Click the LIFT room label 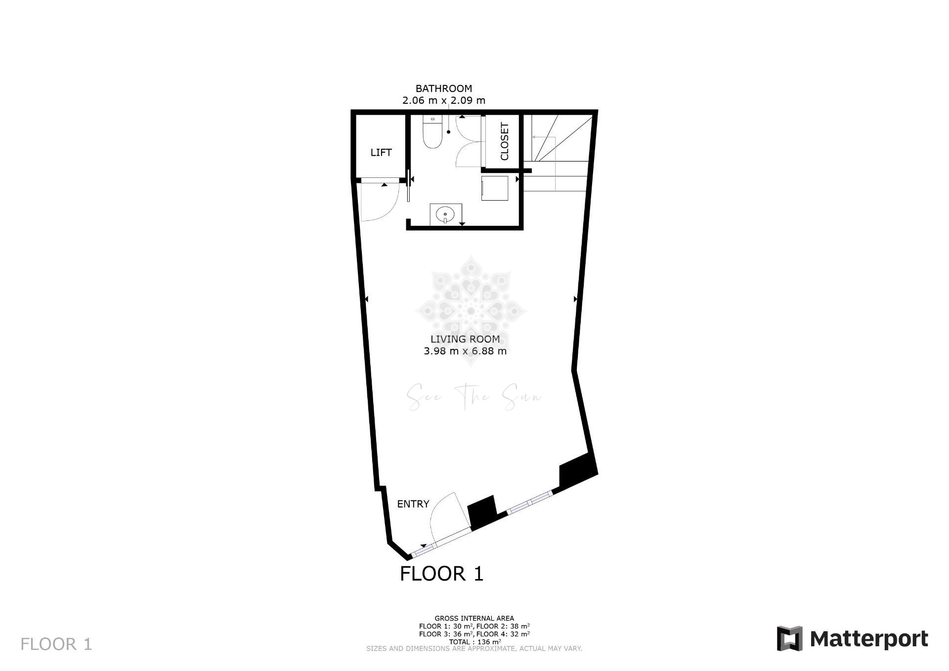pos(381,153)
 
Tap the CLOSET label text pos(505,141)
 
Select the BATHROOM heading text pos(444,88)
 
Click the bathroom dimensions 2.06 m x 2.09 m pos(444,100)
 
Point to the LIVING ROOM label pos(465,339)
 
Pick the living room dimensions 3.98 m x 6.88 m pos(465,351)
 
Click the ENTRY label pos(413,504)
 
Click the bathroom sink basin pos(445,214)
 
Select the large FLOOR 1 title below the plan pos(441,574)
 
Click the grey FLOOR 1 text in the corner pos(56,644)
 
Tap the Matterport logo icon pos(789,639)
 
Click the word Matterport pos(869,639)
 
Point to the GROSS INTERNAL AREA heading pos(474,618)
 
